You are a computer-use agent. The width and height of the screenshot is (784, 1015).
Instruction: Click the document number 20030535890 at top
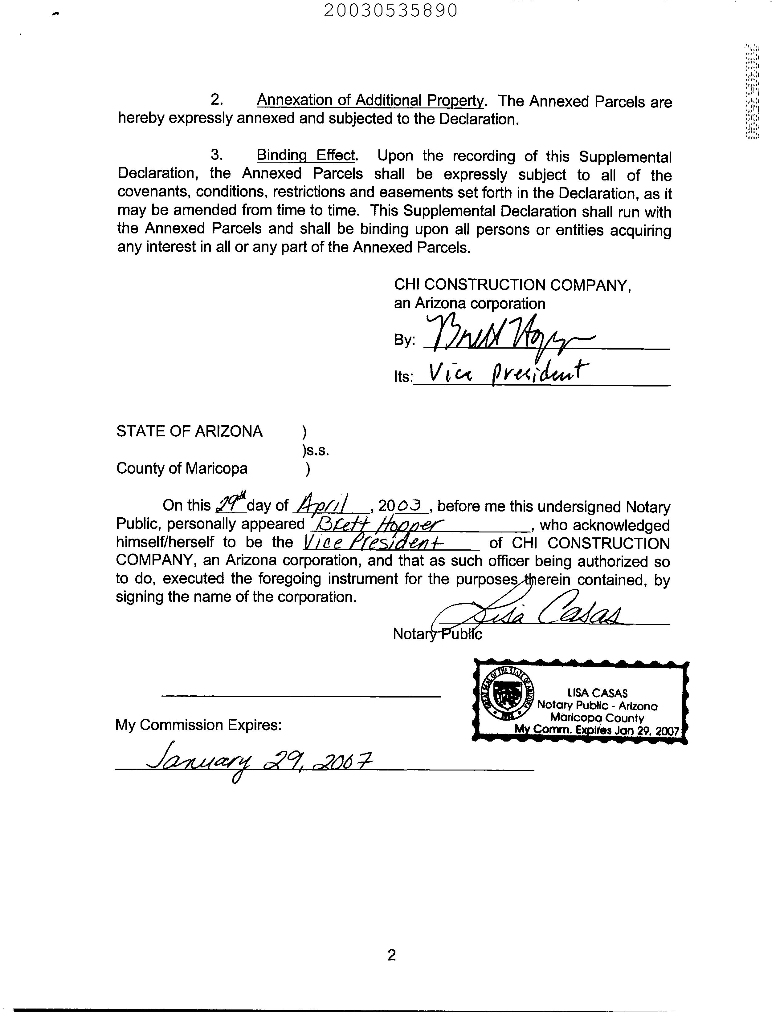pos(390,10)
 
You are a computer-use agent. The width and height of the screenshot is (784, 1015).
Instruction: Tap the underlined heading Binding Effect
pos(306,155)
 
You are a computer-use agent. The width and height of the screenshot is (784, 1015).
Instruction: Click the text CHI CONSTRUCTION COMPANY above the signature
pos(512,285)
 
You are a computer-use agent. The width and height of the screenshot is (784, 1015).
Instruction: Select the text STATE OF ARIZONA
pos(189,431)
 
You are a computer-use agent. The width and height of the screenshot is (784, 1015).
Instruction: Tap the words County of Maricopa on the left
pos(182,468)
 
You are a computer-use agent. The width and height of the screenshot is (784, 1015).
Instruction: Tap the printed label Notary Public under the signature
pos(437,633)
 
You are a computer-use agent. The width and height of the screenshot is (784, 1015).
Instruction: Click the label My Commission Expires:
pos(198,725)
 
